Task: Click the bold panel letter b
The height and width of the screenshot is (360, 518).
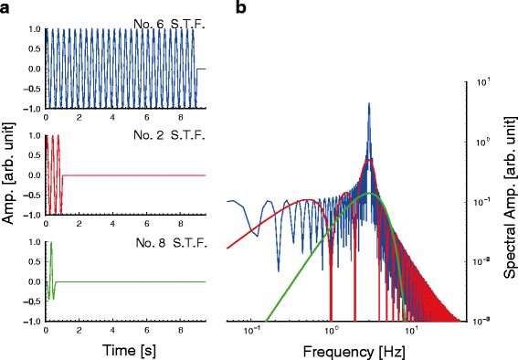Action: pyautogui.click(x=241, y=8)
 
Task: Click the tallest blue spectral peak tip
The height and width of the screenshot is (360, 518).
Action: pyautogui.click(x=369, y=103)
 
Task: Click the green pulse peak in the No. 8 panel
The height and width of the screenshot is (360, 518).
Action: pyautogui.click(x=51, y=243)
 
